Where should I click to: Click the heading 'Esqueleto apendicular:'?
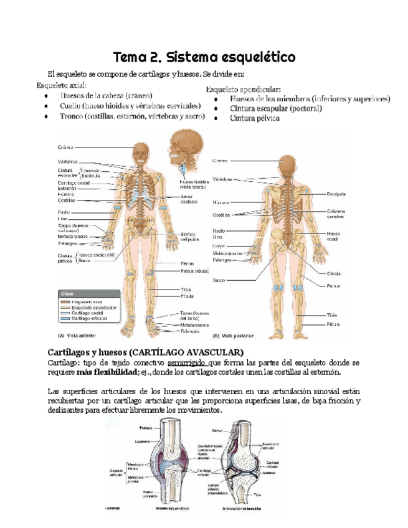coord(244,89)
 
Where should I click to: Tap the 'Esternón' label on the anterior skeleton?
coord(67,188)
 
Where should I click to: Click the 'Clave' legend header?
coord(67,293)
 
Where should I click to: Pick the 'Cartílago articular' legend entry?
coord(86,318)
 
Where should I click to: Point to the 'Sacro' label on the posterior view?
coord(219,280)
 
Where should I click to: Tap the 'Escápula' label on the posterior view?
coord(336,194)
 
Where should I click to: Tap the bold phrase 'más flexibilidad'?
coord(106,372)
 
